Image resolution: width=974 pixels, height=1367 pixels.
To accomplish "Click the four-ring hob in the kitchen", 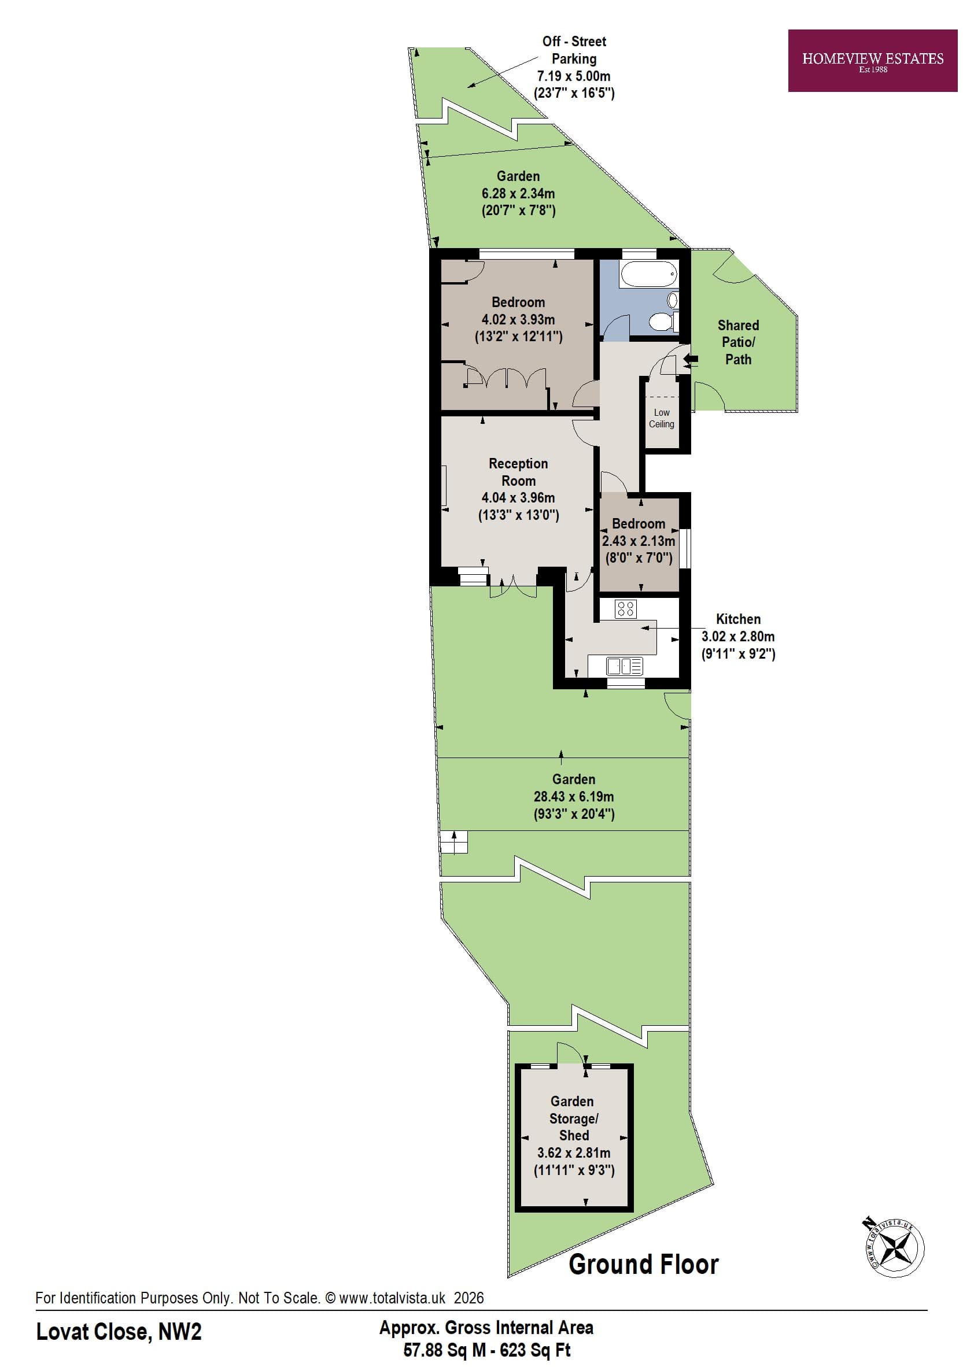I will (x=626, y=609).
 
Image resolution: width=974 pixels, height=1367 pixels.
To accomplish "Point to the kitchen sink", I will (x=623, y=666).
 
